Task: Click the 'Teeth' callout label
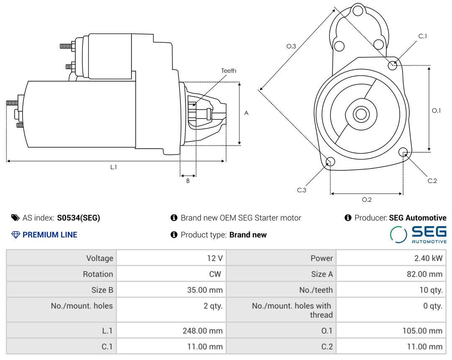coord(229,71)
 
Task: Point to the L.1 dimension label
coord(113,167)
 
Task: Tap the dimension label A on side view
coord(247,113)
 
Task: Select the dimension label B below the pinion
coord(188,181)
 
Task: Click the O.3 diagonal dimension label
coord(291,46)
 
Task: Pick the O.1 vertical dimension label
coord(436,111)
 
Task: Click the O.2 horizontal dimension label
coord(367,200)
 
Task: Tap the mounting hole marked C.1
coord(393,65)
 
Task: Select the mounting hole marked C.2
coord(403,152)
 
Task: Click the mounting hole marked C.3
coord(330,162)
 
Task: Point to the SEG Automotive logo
coord(418,234)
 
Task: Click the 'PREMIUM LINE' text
coord(50,235)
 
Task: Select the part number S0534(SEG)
coord(79,218)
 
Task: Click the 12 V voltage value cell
coord(215,258)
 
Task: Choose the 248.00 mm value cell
coord(203,331)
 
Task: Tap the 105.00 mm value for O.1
coord(422,331)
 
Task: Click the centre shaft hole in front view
coord(360,114)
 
